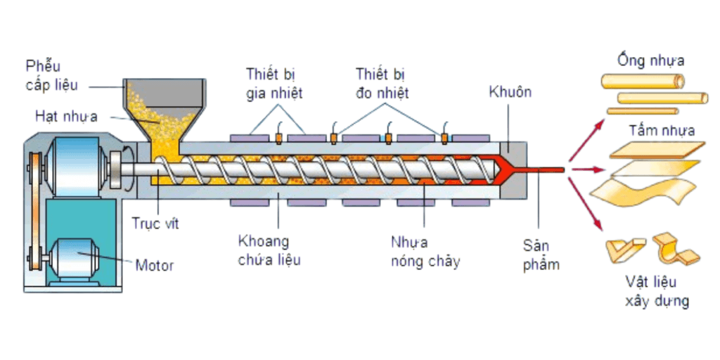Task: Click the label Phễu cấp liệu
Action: coord(51,76)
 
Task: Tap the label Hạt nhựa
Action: coord(66,116)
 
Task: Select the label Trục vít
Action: coord(155,224)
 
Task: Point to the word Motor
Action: coord(154,266)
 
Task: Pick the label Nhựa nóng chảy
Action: coord(425,251)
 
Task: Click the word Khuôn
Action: coord(510,92)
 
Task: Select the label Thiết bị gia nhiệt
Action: coord(274,83)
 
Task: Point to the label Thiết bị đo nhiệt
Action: coord(382,83)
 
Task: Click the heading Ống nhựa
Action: coord(650,60)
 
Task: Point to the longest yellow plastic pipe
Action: coord(643,81)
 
